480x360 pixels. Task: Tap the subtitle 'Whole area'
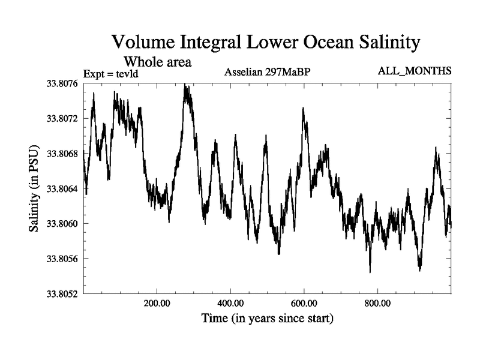[157, 61]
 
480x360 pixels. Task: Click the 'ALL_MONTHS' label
[415, 71]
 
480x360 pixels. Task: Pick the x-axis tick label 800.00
[377, 303]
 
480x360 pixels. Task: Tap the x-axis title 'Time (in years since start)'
[266, 319]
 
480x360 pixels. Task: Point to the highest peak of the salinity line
[185, 85]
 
